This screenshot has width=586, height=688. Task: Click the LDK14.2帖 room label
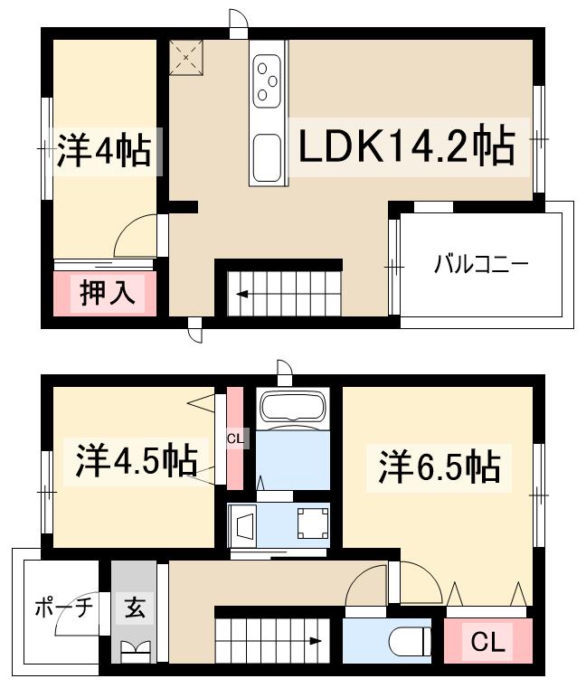(x=406, y=146)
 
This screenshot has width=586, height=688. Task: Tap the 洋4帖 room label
(x=104, y=151)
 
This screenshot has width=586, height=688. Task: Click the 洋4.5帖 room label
(x=135, y=461)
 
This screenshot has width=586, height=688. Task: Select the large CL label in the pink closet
(x=489, y=643)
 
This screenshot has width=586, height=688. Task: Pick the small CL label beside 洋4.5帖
(x=234, y=438)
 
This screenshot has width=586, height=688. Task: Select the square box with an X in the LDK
(x=185, y=57)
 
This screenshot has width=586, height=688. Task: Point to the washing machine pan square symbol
(x=312, y=523)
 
